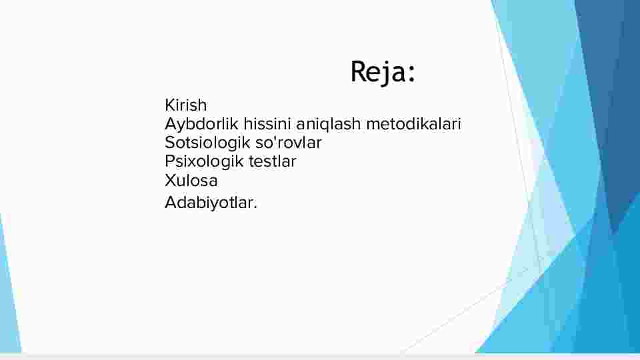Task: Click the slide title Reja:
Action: point(383,73)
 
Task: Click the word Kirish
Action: point(186,105)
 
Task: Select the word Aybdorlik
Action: point(201,125)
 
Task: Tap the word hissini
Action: point(267,124)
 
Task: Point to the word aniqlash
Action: point(328,125)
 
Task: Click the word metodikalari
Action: point(413,124)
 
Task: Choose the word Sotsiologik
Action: point(207,143)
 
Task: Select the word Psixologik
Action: point(204,162)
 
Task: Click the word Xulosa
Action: point(191,181)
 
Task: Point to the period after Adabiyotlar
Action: point(255,208)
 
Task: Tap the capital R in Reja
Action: point(359,72)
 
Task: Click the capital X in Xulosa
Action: point(170,181)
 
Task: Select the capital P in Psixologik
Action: point(170,161)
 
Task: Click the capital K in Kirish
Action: point(170,105)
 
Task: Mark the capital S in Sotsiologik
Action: point(170,143)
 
